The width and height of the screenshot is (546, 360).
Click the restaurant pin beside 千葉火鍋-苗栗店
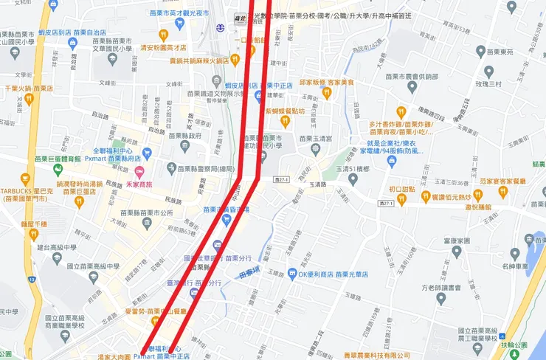[x=29, y=99]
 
